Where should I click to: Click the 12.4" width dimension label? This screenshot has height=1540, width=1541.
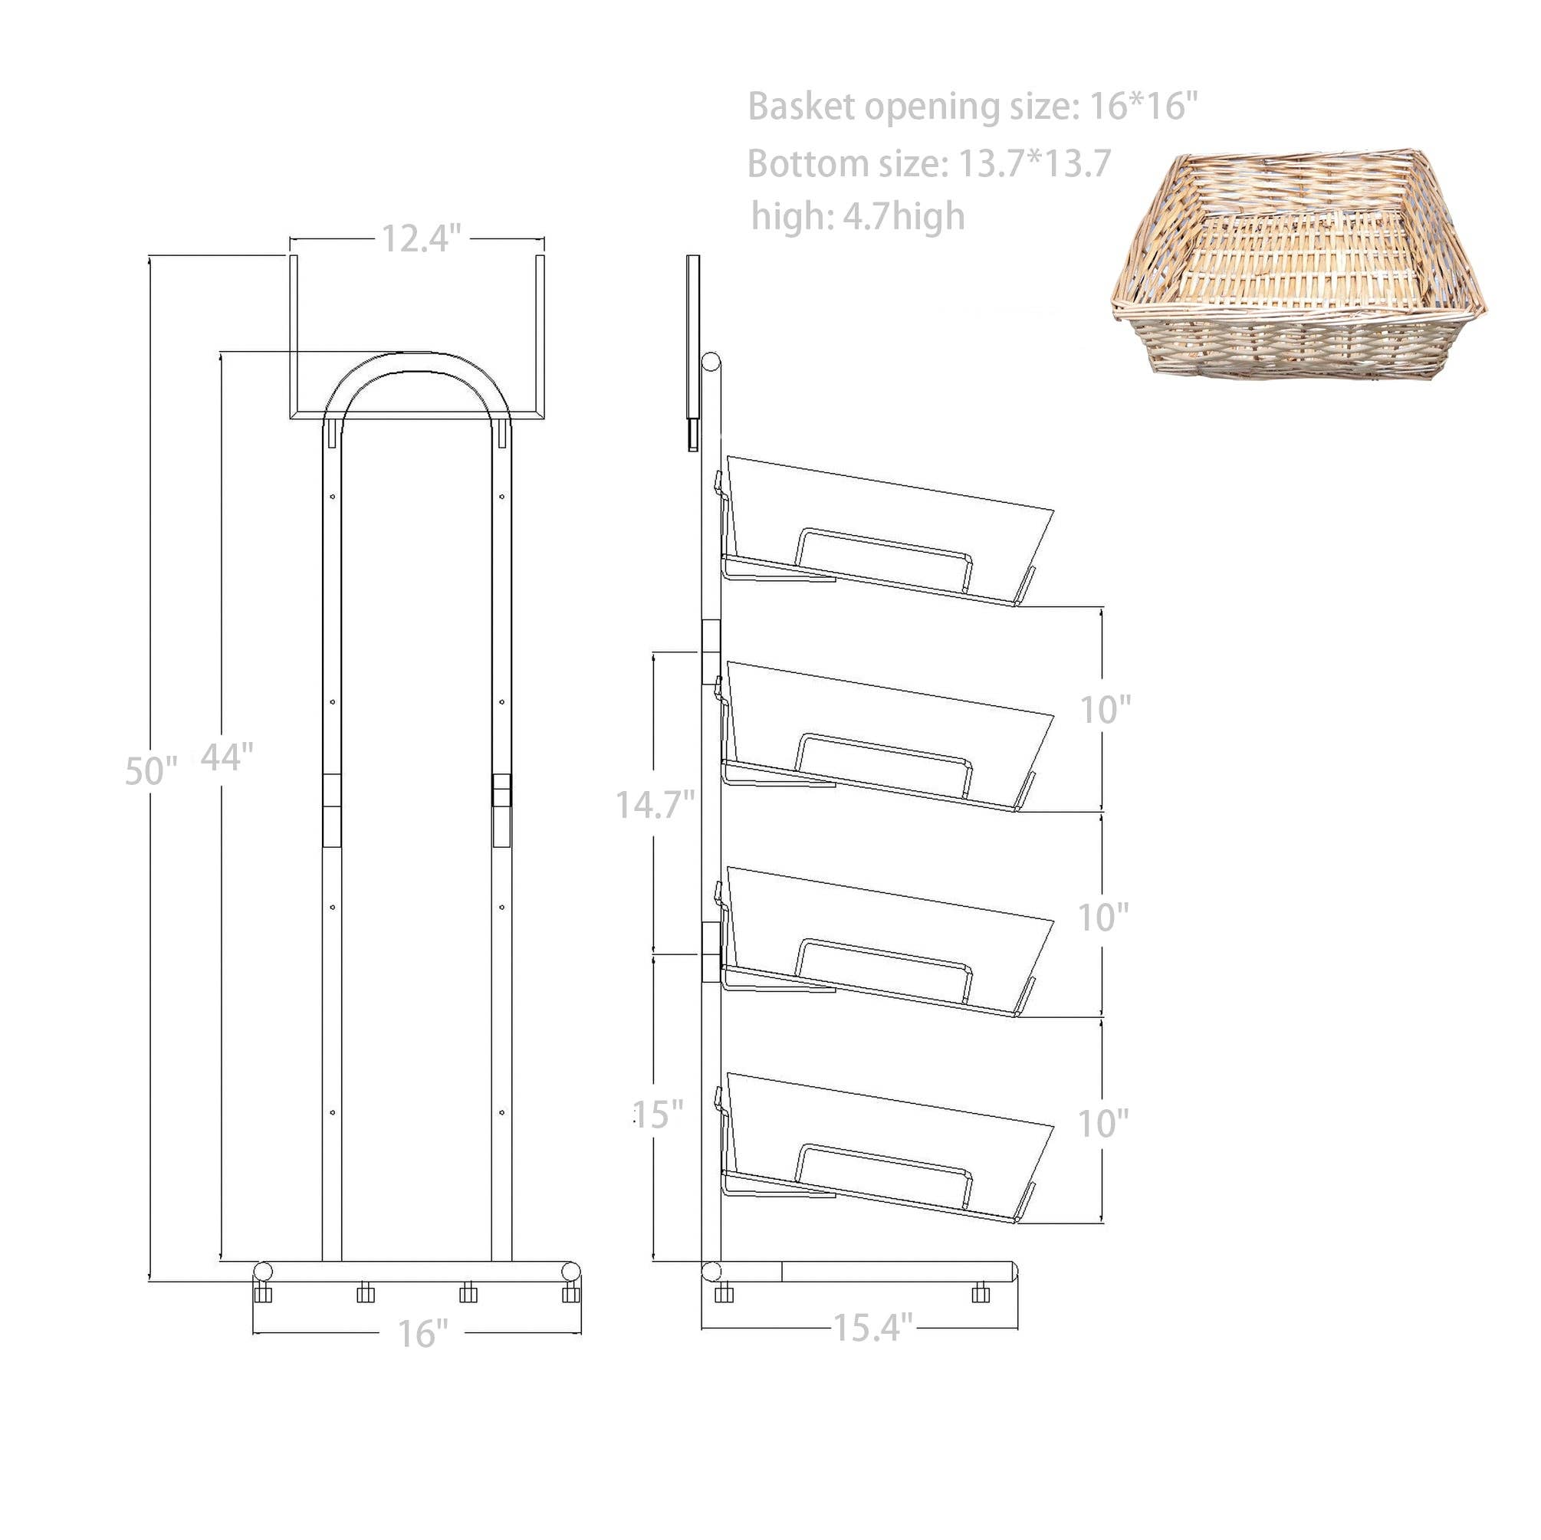pos(421,238)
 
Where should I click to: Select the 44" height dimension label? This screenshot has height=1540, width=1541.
pos(226,756)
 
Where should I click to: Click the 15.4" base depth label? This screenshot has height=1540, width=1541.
pos(872,1328)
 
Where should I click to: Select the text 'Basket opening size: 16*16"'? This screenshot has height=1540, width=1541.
pos(972,107)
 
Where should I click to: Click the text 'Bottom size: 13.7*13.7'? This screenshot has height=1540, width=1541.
pos(928,163)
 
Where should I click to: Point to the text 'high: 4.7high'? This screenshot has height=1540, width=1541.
pos(857,216)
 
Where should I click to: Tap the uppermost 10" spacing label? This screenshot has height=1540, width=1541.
pos(1105,709)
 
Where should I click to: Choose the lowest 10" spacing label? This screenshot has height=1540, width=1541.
pos(1103,1124)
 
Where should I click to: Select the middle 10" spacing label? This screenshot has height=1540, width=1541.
pos(1103,918)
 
